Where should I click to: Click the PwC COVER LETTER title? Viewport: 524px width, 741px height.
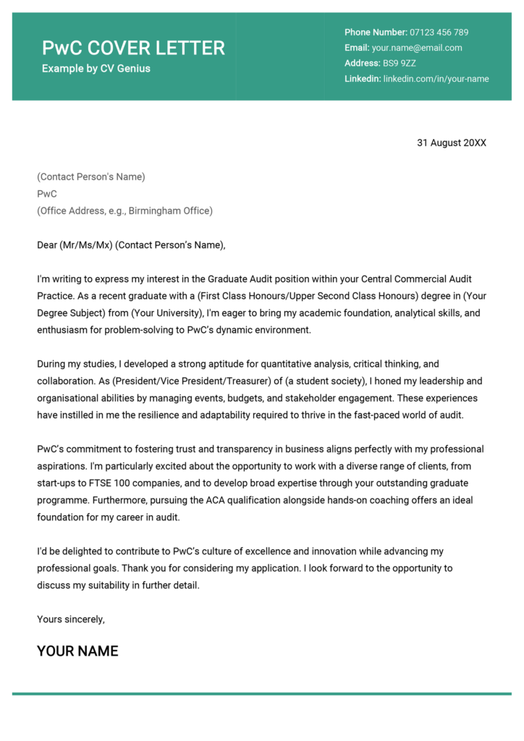133,48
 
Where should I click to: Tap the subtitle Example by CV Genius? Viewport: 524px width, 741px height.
96,69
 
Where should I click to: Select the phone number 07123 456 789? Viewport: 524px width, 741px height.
439,33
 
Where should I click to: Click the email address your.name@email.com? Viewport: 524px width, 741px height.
417,48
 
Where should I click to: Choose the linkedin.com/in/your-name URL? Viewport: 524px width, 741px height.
436,79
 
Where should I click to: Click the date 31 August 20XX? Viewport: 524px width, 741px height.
452,143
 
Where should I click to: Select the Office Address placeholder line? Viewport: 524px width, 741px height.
124,211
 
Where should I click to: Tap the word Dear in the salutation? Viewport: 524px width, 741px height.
47,245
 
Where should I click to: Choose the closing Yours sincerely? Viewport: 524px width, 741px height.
71,619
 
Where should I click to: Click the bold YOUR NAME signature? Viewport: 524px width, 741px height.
77,651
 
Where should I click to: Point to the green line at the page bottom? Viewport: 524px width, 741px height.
262,694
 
